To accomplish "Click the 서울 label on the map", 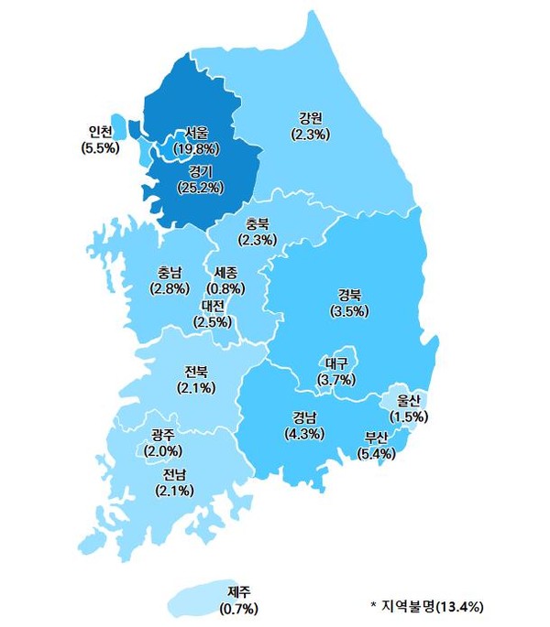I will (x=195, y=132).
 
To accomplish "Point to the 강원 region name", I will (x=311, y=118).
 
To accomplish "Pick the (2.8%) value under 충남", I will (x=170, y=287).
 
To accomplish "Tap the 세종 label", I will (x=225, y=273).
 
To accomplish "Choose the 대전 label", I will (x=213, y=306).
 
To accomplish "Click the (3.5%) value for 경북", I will (x=349, y=310).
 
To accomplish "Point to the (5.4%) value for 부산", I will (x=376, y=452).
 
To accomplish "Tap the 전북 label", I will (x=196, y=371).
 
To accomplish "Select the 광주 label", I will (x=164, y=434).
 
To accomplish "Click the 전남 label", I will (x=174, y=474).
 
